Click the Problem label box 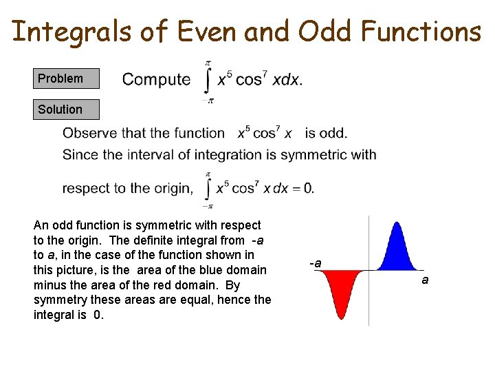click(x=66, y=79)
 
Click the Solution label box click(x=66, y=110)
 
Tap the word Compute click(x=156, y=79)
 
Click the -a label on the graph click(x=315, y=264)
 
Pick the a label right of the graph click(x=425, y=280)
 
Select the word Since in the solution click(x=80, y=154)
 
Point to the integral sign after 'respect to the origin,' click(x=207, y=189)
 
